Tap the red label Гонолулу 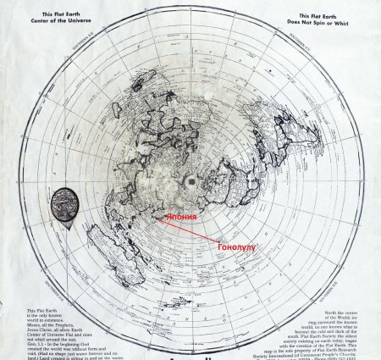[236, 247]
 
